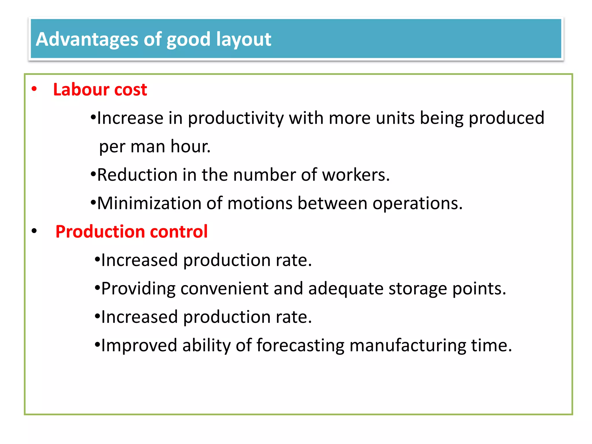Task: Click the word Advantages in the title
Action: tap(87, 39)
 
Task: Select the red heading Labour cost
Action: tap(100, 89)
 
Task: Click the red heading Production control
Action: tap(132, 232)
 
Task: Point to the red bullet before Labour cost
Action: tap(34, 89)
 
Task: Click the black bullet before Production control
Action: tap(34, 231)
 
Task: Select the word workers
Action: tap(356, 175)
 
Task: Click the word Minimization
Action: tap(149, 203)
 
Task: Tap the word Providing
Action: tap(138, 289)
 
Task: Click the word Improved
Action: tap(139, 345)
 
